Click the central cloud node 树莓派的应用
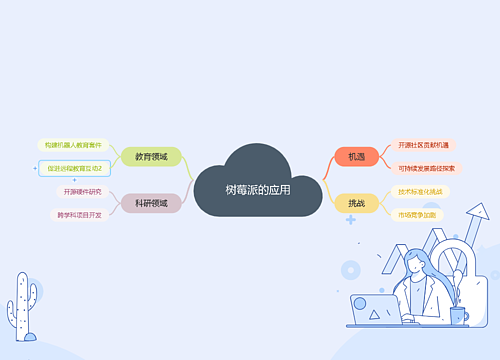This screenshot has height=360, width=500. [258, 188]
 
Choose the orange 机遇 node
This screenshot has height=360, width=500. [356, 157]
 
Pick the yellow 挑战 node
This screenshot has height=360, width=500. [356, 203]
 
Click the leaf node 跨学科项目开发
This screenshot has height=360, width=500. [79, 214]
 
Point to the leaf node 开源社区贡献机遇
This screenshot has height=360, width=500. [424, 145]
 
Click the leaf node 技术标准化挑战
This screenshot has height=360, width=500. [419, 191]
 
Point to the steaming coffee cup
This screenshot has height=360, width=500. [458, 315]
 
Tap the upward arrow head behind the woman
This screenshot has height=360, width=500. [481, 213]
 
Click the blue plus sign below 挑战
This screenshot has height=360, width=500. [351, 218]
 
